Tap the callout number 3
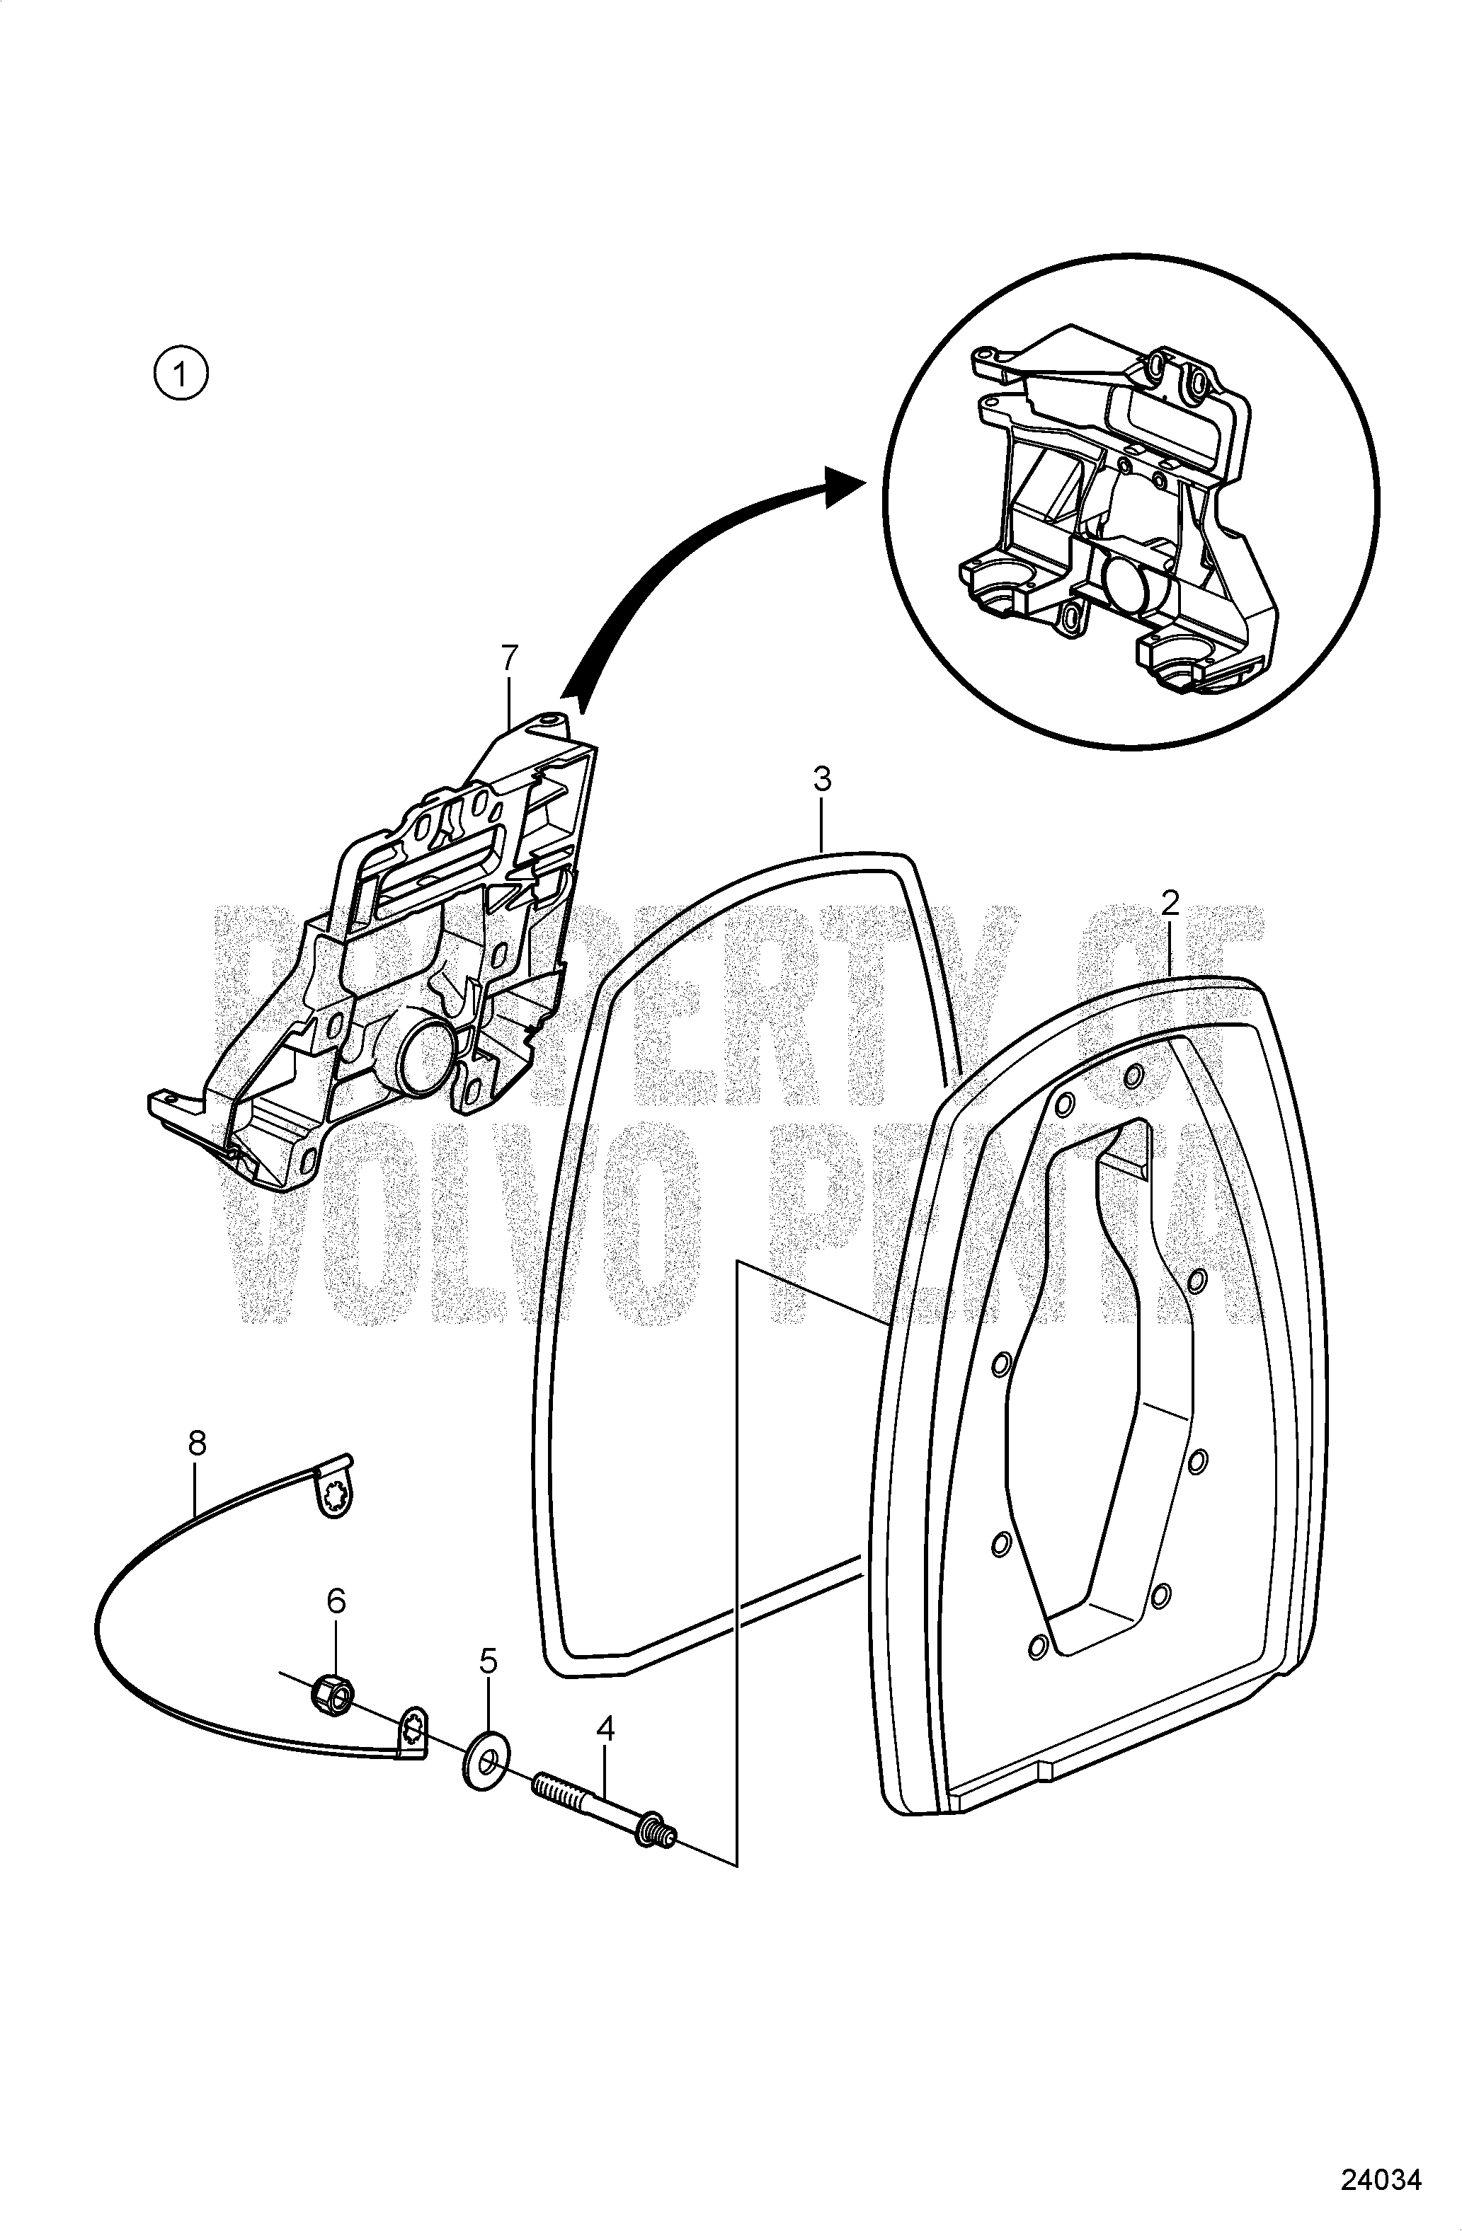click(x=821, y=780)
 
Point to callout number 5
click(x=488, y=1662)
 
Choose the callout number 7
click(x=508, y=659)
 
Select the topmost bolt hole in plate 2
click(x=1133, y=1073)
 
